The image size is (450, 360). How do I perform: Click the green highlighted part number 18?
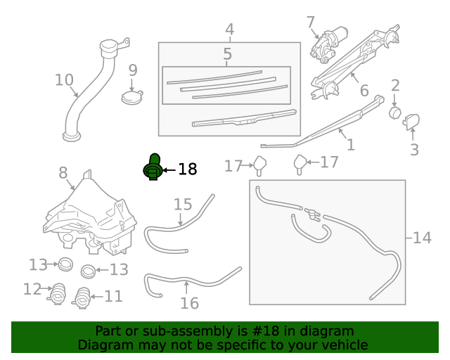pos(153,167)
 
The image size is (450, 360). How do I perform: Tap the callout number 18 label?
pos(187,169)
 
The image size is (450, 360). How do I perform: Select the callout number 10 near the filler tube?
pos(64,80)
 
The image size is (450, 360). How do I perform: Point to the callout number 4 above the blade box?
pos(229,30)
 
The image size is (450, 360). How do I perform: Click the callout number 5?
pos(227,54)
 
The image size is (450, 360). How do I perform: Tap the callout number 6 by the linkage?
pos(364,91)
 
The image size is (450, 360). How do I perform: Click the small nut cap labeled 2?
pos(395,112)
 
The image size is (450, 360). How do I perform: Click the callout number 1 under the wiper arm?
pos(350,145)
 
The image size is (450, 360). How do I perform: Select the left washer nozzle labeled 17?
pos(259,165)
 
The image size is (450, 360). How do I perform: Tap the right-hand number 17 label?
pos(330,162)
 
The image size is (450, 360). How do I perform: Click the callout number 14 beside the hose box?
pos(422,238)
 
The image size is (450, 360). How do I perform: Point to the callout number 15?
pos(183,204)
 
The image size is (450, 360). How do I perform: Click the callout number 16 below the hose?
pos(189,303)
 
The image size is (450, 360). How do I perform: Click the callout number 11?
pos(113,296)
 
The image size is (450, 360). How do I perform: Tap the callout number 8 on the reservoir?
pos(63,172)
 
